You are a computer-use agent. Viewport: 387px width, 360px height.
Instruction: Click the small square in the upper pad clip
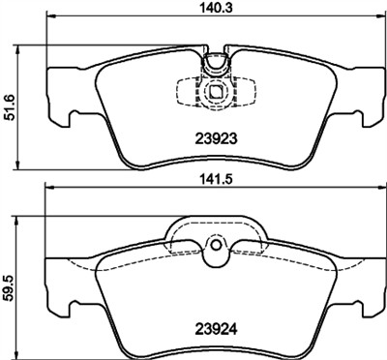pos(216,95)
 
